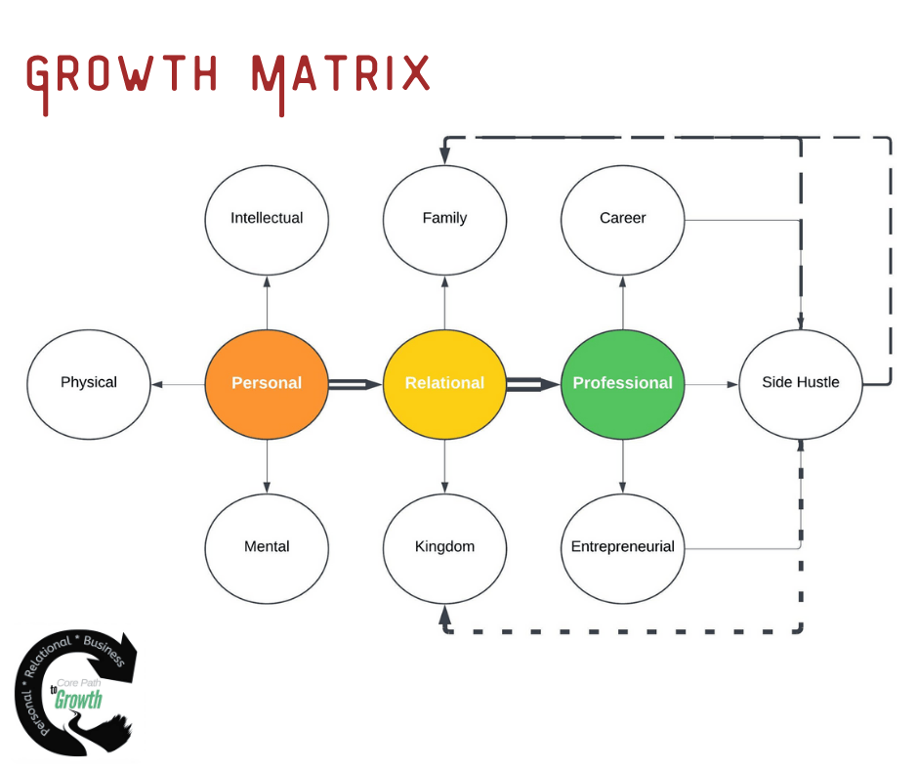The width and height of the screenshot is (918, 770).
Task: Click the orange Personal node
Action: coord(267,383)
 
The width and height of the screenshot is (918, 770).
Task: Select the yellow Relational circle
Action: coord(444,383)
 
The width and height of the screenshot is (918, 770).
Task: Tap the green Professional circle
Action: coord(623,383)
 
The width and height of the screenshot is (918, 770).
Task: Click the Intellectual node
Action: coord(267,218)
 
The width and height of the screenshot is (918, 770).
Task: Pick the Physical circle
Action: coord(89,383)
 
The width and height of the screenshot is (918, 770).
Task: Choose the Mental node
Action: coord(267,546)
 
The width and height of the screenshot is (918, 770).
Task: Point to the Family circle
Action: coord(444,218)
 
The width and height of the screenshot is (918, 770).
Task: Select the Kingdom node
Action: coord(444,546)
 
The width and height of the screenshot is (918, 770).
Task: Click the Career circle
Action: coord(623,218)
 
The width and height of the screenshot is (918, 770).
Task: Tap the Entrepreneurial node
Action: coord(623,546)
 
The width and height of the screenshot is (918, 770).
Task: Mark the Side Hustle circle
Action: coord(801,383)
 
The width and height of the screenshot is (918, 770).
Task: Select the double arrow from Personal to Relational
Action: coord(355,384)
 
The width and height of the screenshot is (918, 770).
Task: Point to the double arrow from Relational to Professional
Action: coord(533,384)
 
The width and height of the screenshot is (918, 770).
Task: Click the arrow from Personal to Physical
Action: coord(178,384)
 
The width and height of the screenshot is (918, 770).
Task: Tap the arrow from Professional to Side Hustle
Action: coord(712,384)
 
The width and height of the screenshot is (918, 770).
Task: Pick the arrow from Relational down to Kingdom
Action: coord(445,466)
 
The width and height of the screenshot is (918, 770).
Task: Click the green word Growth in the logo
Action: coord(78,699)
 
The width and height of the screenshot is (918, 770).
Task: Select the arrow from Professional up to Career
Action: coord(623,302)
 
